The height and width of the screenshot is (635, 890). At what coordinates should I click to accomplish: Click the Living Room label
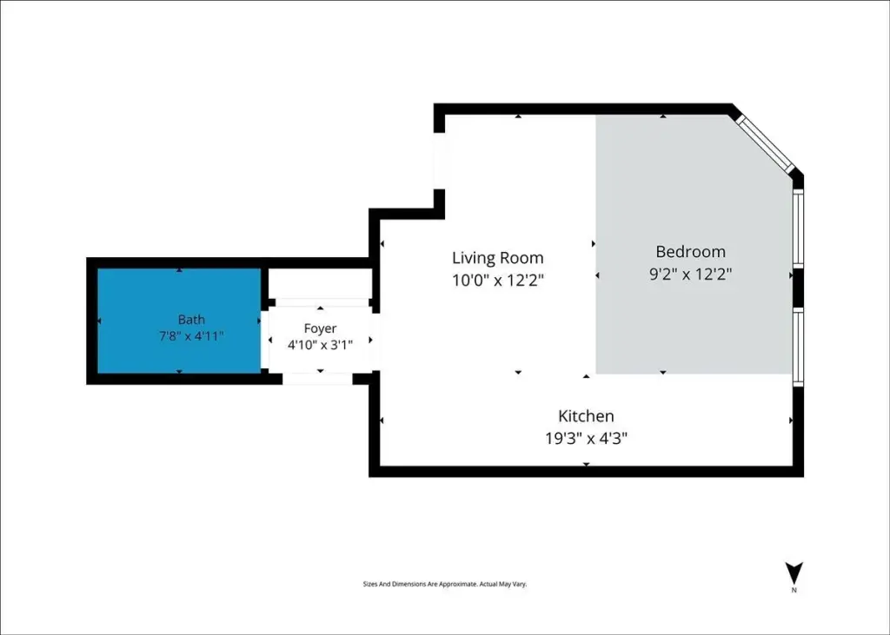click(x=498, y=258)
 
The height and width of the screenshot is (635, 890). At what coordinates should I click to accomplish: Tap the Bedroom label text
click(x=690, y=251)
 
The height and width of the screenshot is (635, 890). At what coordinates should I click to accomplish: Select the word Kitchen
click(x=586, y=416)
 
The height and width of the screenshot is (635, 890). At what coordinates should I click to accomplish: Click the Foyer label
click(x=320, y=328)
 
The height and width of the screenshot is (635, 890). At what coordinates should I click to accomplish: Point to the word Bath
click(x=191, y=320)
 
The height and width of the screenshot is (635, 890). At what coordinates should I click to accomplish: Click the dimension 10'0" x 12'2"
click(x=498, y=281)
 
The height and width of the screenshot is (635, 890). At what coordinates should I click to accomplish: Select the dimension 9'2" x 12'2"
click(x=690, y=275)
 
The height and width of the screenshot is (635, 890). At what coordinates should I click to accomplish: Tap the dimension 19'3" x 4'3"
click(x=586, y=439)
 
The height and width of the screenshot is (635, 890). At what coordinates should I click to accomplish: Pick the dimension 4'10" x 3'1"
click(x=320, y=345)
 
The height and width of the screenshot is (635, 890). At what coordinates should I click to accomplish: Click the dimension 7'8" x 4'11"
click(x=191, y=336)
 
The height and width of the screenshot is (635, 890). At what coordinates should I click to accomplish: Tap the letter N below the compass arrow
click(x=794, y=591)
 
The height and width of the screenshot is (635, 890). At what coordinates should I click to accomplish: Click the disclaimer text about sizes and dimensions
click(x=445, y=584)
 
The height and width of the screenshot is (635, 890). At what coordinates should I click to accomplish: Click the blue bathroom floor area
click(x=179, y=321)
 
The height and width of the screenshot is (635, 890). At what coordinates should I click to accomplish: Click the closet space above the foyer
click(x=319, y=283)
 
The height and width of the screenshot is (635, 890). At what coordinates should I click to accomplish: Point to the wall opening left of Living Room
click(x=439, y=161)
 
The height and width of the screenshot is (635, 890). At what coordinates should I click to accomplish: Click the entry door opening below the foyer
click(x=317, y=379)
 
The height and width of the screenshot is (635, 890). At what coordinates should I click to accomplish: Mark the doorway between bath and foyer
click(x=264, y=340)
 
